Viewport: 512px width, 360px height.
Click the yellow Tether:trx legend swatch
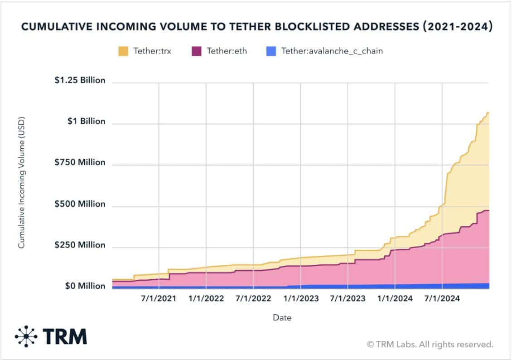(x=123, y=51)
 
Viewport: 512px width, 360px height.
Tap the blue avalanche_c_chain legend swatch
(x=271, y=51)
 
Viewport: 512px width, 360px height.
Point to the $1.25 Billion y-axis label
(x=80, y=80)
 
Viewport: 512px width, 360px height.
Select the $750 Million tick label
(x=80, y=162)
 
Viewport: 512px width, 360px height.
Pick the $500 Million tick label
(x=80, y=204)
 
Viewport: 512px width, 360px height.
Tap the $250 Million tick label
(x=80, y=245)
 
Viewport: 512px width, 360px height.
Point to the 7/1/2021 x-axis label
(x=159, y=299)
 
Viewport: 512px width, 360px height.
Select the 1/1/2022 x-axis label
(x=206, y=299)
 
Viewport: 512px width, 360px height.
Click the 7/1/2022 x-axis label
(x=253, y=299)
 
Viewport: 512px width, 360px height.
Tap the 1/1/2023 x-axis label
(x=301, y=299)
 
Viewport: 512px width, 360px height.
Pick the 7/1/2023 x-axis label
(x=348, y=299)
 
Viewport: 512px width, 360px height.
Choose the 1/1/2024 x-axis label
(x=395, y=299)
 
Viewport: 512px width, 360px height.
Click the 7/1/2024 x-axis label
(x=442, y=299)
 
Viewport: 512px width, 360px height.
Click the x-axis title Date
(x=282, y=318)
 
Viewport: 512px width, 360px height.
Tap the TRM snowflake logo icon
(x=26, y=336)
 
